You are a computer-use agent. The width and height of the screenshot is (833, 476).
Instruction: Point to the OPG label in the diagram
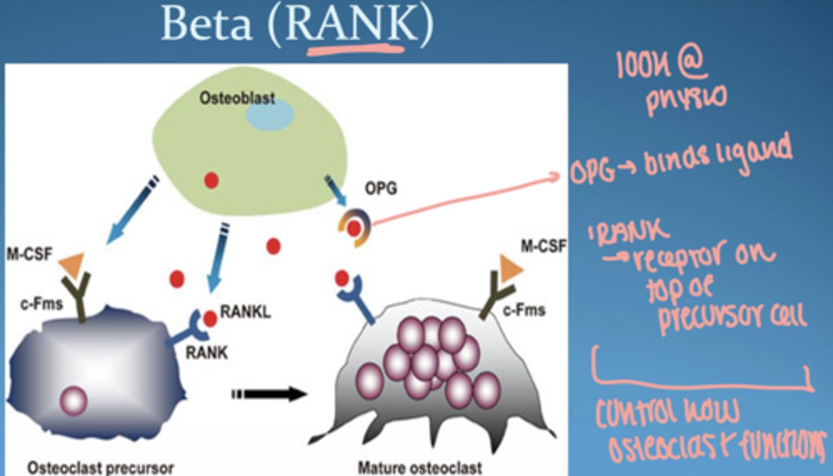380,189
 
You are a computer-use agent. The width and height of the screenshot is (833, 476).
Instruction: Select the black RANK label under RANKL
207,352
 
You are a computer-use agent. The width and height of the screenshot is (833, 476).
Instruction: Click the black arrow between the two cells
269,394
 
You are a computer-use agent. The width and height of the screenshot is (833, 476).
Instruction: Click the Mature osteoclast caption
419,467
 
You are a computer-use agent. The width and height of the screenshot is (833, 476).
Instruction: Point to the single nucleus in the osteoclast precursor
75,401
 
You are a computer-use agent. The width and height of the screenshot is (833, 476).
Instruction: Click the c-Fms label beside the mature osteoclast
524,311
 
